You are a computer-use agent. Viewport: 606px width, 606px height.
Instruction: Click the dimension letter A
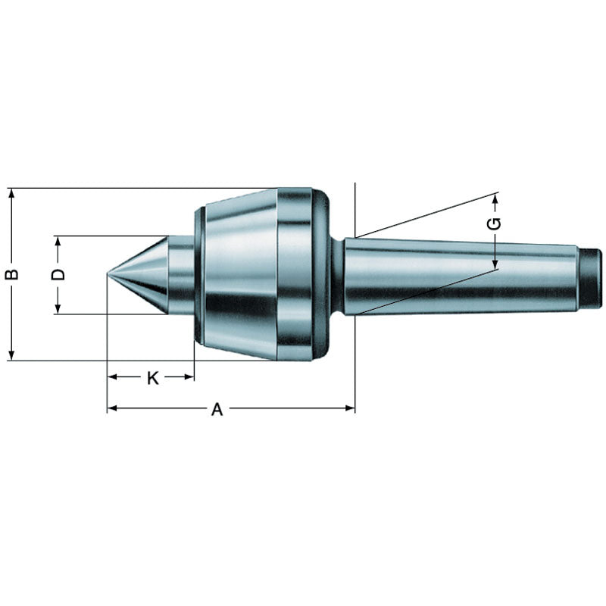point(217,409)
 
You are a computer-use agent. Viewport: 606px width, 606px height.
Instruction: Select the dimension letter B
point(11,274)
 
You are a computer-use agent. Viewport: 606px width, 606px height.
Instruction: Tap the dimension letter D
point(58,274)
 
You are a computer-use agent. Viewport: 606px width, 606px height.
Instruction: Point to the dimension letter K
point(152,377)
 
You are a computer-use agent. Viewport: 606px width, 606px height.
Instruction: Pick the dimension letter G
point(494,223)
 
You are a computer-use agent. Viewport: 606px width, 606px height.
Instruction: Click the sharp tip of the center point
point(108,275)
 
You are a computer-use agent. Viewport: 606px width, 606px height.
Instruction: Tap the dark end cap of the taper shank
point(591,278)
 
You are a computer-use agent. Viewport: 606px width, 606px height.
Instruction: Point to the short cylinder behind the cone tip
point(180,275)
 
